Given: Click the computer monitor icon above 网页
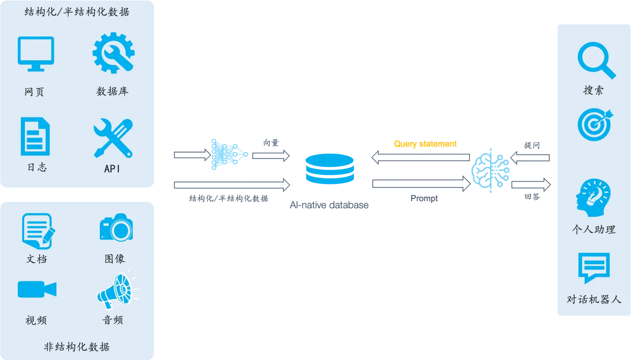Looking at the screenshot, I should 36,54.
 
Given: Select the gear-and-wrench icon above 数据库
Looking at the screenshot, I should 113,53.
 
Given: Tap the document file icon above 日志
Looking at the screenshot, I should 35,136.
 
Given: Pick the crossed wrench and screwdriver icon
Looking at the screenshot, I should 113,138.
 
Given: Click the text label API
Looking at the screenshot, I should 112,169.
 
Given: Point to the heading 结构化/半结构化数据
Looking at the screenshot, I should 77,12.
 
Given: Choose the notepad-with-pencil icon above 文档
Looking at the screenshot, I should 38,231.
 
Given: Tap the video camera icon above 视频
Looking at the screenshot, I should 37,289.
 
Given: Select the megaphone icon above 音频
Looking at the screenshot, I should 115,289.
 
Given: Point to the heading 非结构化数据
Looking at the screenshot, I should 77,347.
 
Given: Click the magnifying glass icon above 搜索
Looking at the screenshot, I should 596,61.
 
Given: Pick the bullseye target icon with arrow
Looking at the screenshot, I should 595,124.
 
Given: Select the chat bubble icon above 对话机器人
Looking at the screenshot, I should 593,268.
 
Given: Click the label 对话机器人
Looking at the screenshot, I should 594,299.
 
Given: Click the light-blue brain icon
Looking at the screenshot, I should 490,170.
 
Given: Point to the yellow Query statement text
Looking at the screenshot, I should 425,144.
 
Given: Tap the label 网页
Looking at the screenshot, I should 35,92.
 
